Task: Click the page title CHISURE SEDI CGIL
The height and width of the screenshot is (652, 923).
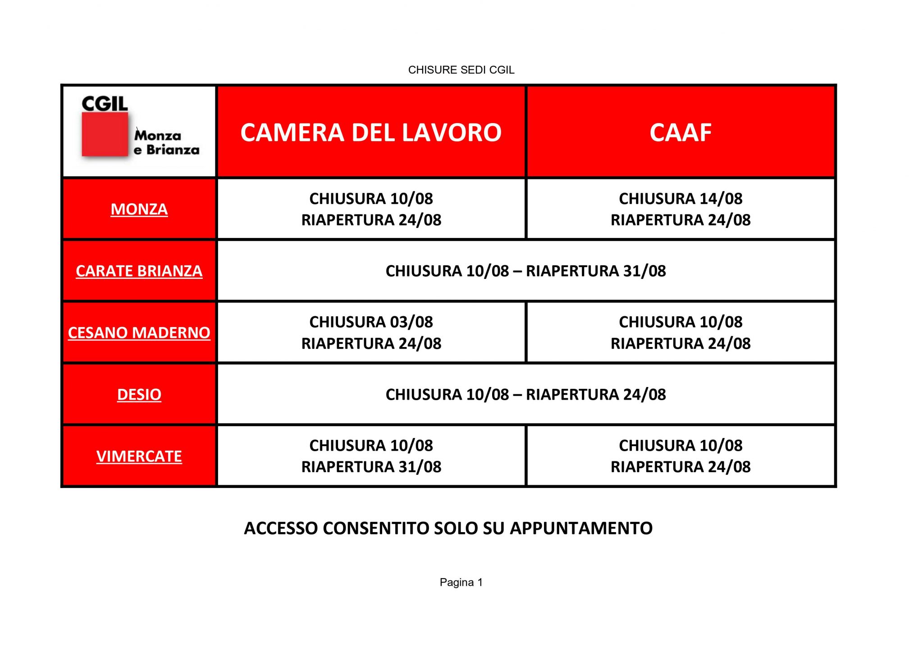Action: pyautogui.click(x=461, y=70)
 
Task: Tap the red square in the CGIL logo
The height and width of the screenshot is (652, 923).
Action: pyautogui.click(x=105, y=134)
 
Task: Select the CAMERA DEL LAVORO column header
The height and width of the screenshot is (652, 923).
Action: pyautogui.click(x=371, y=132)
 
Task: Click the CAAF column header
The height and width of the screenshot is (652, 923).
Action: pyautogui.click(x=681, y=132)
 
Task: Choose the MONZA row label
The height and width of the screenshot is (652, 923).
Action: pyautogui.click(x=139, y=209)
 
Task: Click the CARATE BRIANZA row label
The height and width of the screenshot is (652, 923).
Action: pyautogui.click(x=139, y=271)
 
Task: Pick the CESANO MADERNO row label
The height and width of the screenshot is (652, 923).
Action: pyautogui.click(x=139, y=333)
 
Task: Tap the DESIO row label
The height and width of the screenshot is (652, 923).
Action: pyautogui.click(x=139, y=394)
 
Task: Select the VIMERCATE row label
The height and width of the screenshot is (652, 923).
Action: pyautogui.click(x=139, y=456)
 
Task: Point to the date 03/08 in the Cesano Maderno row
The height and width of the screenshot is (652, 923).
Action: pyautogui.click(x=411, y=322)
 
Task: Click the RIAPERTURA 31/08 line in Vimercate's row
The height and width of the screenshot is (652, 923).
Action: pyautogui.click(x=371, y=467)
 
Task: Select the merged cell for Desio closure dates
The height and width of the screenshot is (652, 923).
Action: pyautogui.click(x=525, y=394)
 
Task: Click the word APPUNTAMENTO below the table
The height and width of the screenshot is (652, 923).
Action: pyautogui.click(x=581, y=528)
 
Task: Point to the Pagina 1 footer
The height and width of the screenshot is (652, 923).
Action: pyautogui.click(x=461, y=582)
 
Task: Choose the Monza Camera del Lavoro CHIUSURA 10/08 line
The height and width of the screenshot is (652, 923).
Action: pyautogui.click(x=371, y=198)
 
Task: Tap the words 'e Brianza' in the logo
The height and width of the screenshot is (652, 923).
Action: pyautogui.click(x=166, y=150)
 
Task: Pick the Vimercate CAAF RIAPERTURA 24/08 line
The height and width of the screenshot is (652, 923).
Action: pyautogui.click(x=681, y=467)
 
